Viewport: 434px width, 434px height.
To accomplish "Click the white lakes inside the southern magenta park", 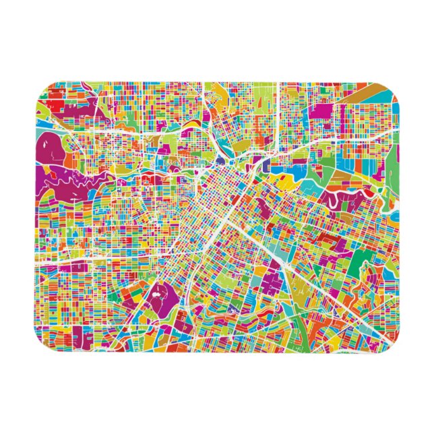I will point(160,292).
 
